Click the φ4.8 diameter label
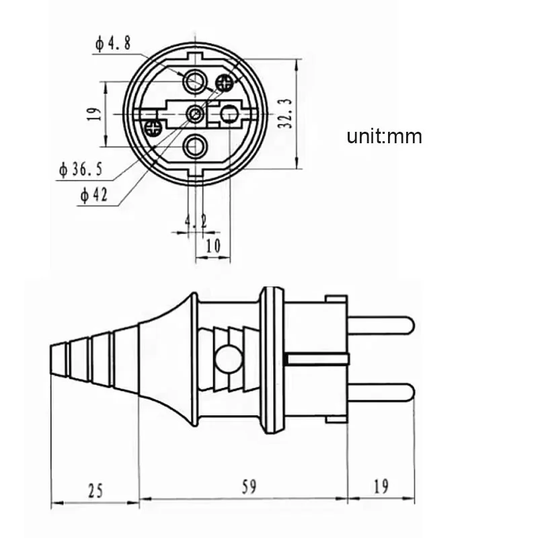click(113, 44)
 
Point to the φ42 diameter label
click(93, 195)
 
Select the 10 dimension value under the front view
click(213, 246)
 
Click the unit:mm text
click(385, 137)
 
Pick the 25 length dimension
click(95, 490)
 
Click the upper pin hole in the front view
click(196, 82)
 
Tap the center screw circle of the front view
click(196, 114)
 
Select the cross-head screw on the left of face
click(152, 126)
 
